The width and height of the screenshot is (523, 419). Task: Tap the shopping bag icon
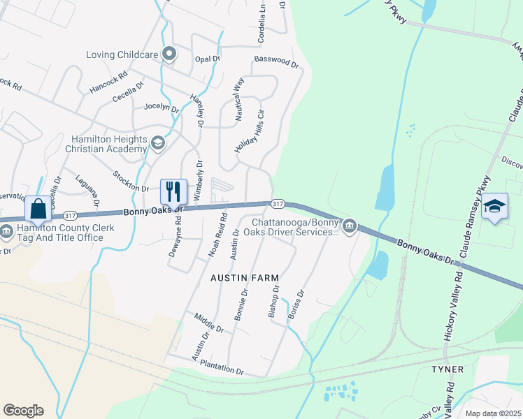point(38,208)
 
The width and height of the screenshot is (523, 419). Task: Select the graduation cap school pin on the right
point(494,206)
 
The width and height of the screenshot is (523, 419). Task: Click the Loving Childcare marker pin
point(169,54)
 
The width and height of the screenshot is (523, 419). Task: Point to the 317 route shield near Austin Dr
point(278,204)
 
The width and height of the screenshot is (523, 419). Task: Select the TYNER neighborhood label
point(447,369)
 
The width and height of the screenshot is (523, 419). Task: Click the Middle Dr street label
point(209,323)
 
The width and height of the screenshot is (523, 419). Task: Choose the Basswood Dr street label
point(276,61)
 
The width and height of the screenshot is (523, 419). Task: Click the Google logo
point(23,411)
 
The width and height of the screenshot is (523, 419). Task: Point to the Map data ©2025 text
point(493,413)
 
